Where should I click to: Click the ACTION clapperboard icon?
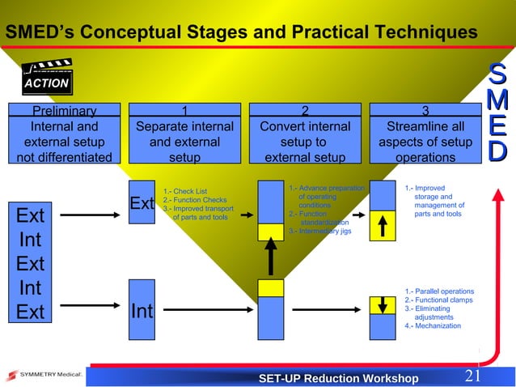pos(46,78)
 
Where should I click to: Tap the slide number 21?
pos(474,376)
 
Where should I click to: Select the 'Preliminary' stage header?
pos(64,112)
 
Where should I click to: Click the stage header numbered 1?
pos(184,112)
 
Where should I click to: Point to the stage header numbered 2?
pos(305,112)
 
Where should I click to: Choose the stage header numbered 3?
pos(425,112)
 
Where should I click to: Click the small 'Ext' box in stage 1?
pos(142,203)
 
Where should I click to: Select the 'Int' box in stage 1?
pos(142,309)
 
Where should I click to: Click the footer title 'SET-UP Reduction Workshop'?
pos(337,378)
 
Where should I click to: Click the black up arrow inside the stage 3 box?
pos(383,222)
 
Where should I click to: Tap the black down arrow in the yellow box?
pos(383,305)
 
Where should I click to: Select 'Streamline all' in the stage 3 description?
pos(425,126)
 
